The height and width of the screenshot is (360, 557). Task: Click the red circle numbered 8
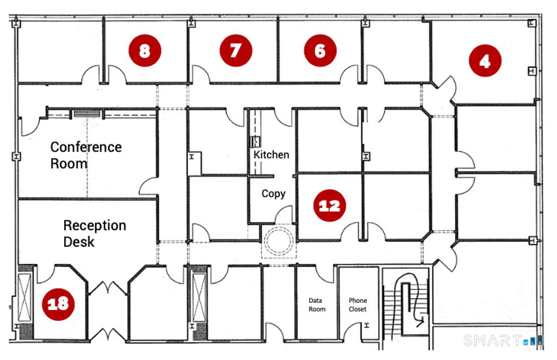click(x=145, y=51)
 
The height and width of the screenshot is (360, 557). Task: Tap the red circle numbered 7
click(x=236, y=51)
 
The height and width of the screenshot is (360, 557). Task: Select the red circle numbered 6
click(x=320, y=51)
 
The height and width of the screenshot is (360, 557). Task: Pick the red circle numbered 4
click(x=485, y=61)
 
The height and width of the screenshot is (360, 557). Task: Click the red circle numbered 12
click(x=330, y=205)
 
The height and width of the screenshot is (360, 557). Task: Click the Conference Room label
click(x=86, y=155)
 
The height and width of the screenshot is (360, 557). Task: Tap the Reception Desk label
click(x=95, y=233)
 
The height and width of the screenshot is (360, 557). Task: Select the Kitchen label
click(x=271, y=155)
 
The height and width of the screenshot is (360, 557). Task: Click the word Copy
click(x=274, y=194)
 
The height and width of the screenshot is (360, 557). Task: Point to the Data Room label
click(x=317, y=305)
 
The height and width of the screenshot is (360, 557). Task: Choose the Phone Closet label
click(x=358, y=305)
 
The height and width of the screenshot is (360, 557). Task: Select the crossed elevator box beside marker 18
click(x=25, y=297)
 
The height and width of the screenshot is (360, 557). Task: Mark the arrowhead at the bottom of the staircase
click(x=422, y=322)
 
